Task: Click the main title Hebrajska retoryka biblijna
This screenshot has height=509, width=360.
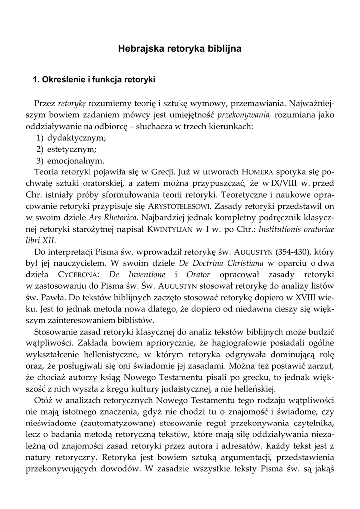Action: point(180,49)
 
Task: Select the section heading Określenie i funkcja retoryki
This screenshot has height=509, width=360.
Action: point(94,79)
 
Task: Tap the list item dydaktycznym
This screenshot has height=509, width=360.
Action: point(77,138)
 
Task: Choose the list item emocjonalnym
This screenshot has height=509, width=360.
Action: point(76,161)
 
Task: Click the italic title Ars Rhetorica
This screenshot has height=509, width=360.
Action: point(112,218)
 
